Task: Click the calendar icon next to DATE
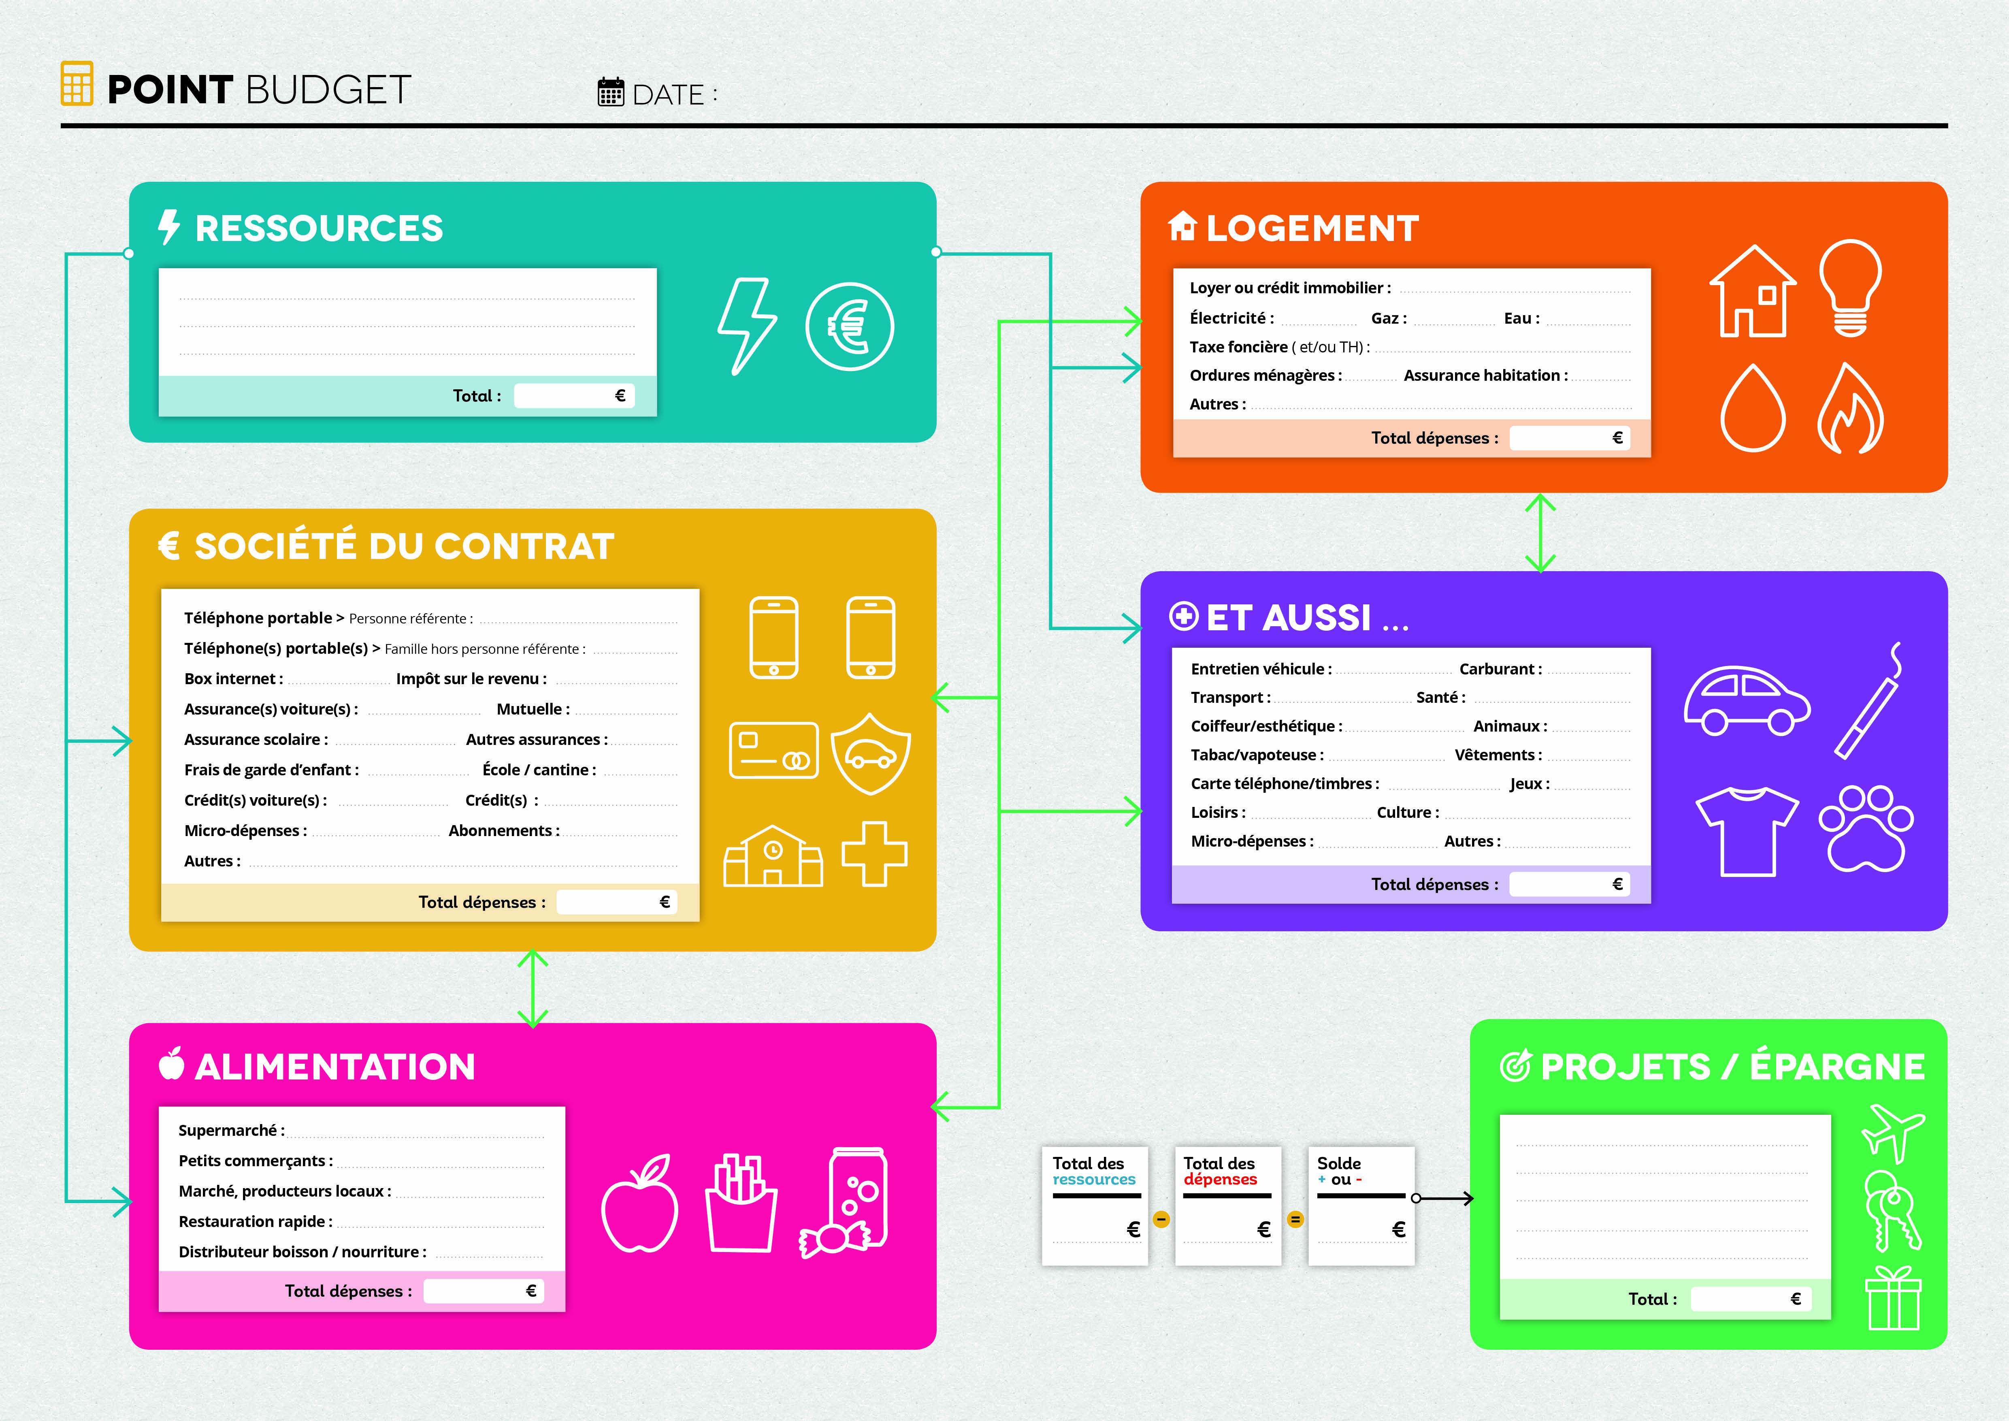[610, 92]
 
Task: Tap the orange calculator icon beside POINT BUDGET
[77, 84]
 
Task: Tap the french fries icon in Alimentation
[741, 1203]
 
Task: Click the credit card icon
[773, 750]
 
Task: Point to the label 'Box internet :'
[233, 679]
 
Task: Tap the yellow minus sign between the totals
[1161, 1219]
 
